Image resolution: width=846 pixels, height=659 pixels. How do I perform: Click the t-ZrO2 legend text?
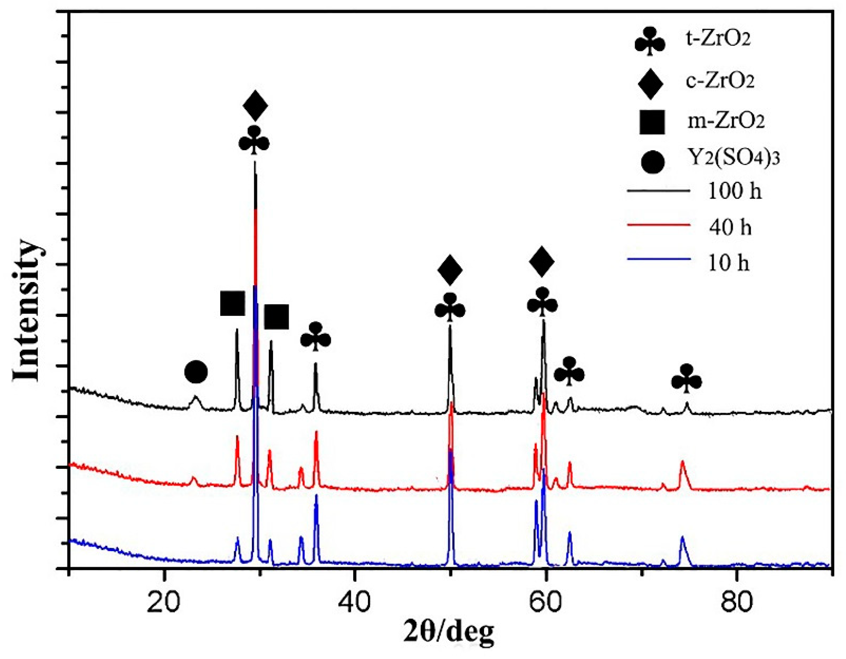pyautogui.click(x=719, y=39)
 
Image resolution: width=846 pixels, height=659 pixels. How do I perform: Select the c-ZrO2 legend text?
pyautogui.click(x=721, y=81)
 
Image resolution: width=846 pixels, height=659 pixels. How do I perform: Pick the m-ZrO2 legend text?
pyautogui.click(x=726, y=121)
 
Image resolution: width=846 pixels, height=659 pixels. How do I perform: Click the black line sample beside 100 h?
pyautogui.click(x=659, y=190)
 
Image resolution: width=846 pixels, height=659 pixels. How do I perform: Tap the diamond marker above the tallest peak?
pyautogui.click(x=255, y=106)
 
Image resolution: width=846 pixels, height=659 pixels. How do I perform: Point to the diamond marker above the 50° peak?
pyautogui.click(x=450, y=270)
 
